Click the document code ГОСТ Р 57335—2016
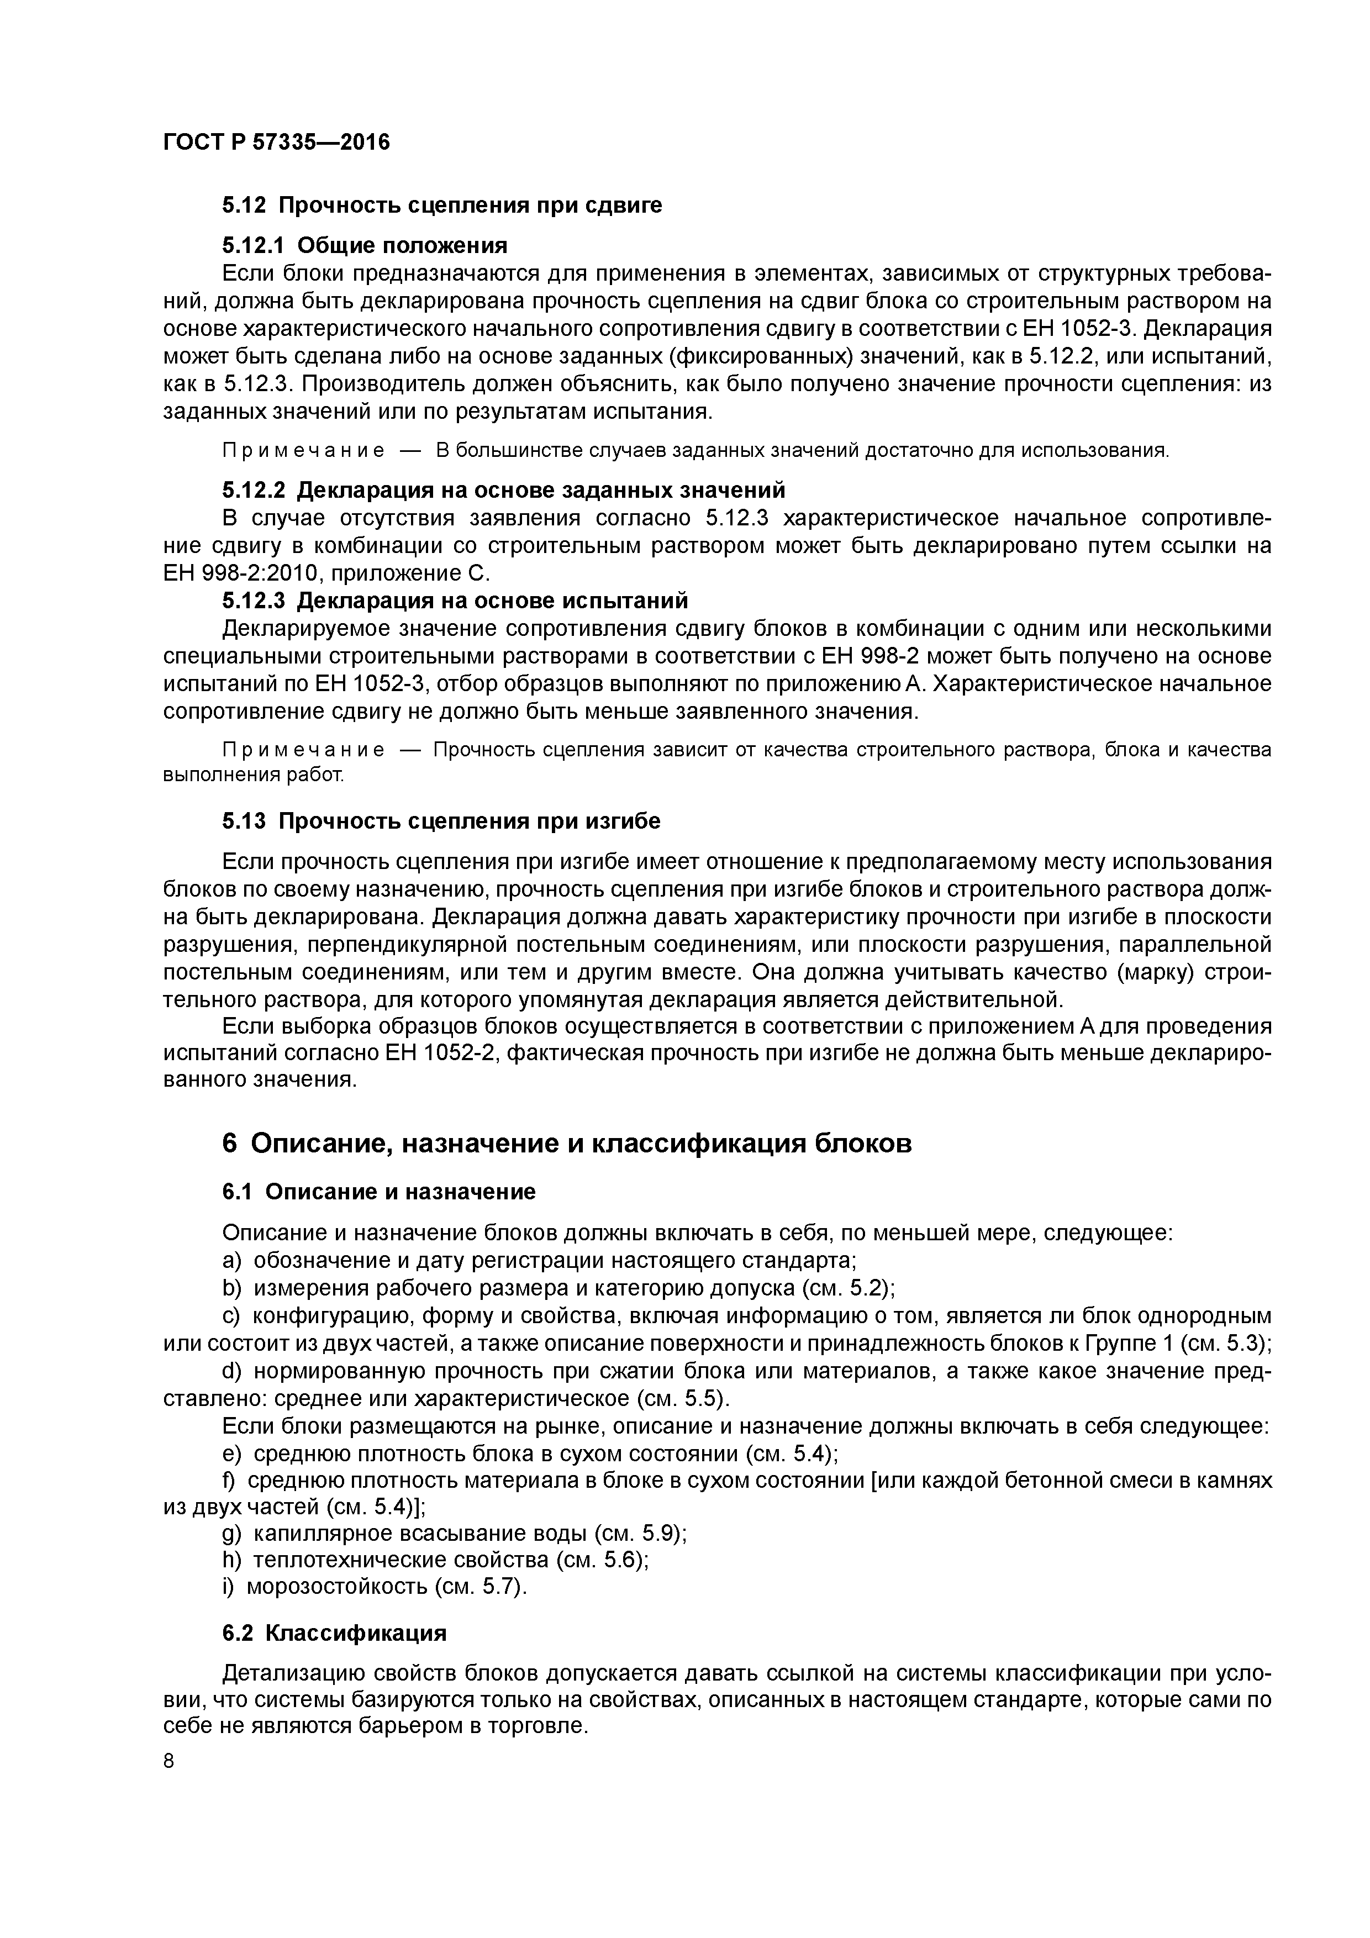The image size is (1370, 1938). click(276, 142)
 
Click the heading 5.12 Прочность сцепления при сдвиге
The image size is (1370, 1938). click(441, 205)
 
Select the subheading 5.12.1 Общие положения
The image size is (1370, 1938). click(365, 246)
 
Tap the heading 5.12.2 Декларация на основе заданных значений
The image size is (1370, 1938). click(503, 489)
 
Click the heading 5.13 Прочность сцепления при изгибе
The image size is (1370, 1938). click(441, 821)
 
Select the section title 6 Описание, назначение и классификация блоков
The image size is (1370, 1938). click(566, 1144)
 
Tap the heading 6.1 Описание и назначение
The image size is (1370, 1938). click(378, 1192)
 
